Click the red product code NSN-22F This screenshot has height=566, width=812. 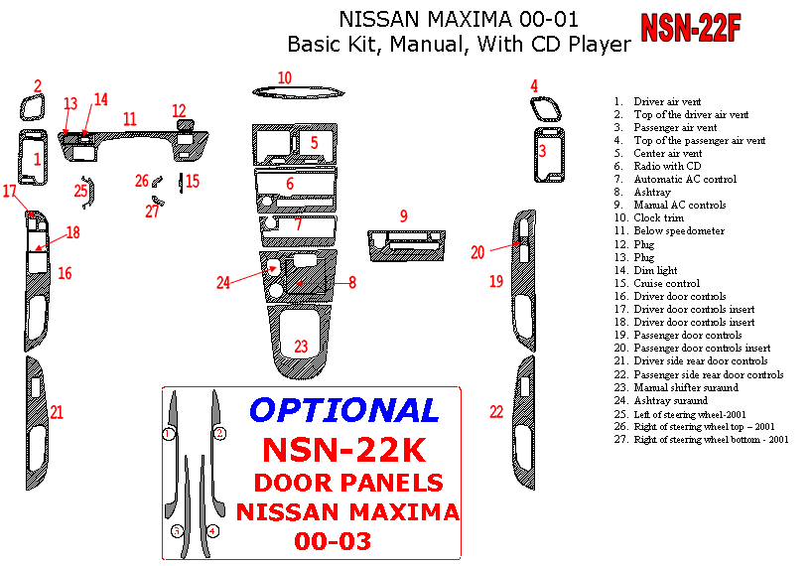click(691, 28)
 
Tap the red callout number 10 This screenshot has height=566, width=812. click(285, 77)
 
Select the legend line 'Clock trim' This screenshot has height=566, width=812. click(658, 218)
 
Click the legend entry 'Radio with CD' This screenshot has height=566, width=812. click(667, 167)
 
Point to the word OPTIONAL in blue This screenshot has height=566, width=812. click(343, 410)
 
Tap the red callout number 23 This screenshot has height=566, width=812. click(301, 347)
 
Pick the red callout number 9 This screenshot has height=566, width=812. click(403, 215)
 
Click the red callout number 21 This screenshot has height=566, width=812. click(57, 412)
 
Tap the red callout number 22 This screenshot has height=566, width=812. click(496, 412)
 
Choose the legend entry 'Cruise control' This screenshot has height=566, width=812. click(666, 283)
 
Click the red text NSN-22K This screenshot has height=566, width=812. click(343, 450)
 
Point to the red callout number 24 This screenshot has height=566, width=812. click(224, 283)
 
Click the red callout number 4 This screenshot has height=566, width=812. click(534, 86)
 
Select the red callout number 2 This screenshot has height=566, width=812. click(38, 86)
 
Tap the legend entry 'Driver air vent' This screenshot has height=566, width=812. click(667, 102)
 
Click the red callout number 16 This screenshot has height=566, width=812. click(65, 273)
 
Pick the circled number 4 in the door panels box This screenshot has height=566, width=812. click(212, 531)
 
